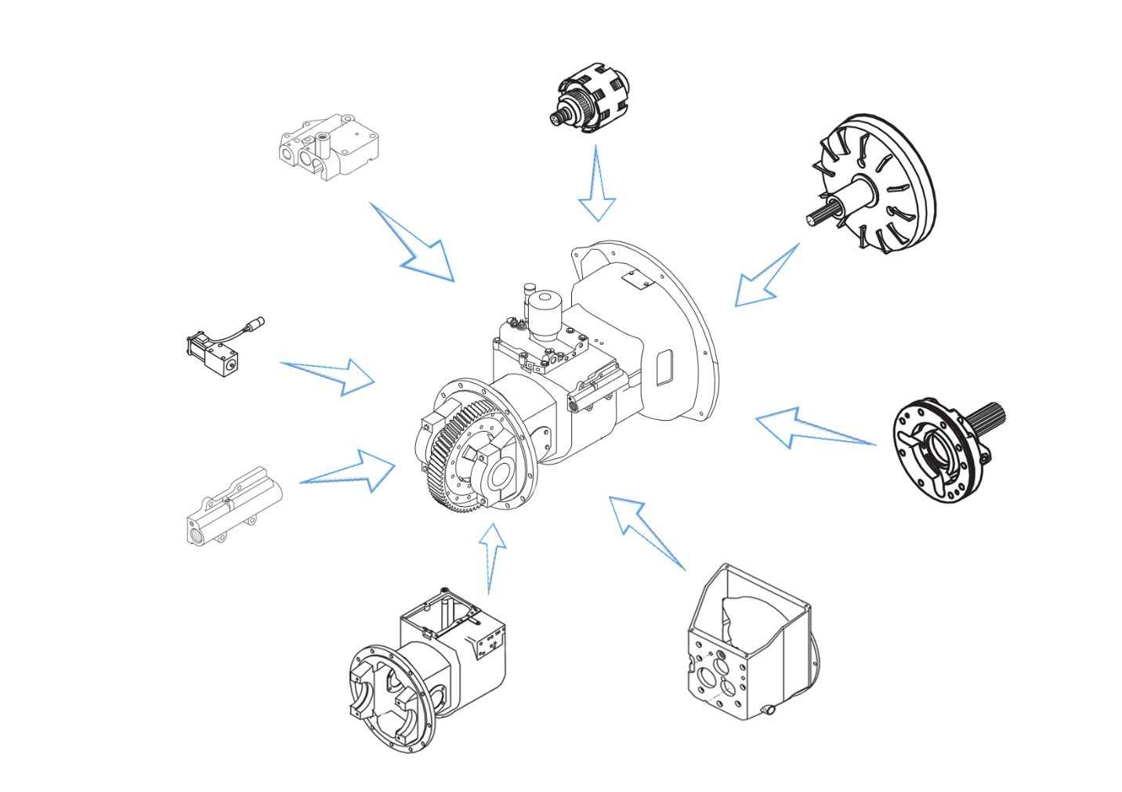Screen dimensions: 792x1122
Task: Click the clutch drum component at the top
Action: click(592, 99)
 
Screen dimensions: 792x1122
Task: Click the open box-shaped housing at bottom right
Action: click(748, 642)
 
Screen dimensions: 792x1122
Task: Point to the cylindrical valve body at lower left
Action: click(233, 509)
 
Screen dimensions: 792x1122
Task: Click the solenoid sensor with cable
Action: click(215, 349)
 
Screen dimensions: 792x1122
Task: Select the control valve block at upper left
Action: click(329, 145)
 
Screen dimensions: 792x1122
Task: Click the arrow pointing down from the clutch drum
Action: click(597, 188)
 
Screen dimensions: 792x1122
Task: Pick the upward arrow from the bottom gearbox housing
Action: click(492, 556)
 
